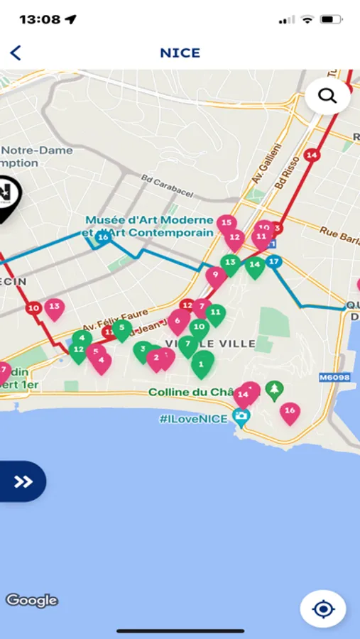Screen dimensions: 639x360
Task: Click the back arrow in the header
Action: pos(16,53)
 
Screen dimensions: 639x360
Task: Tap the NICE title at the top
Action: pos(180,53)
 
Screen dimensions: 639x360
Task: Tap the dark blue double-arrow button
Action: pos(23,482)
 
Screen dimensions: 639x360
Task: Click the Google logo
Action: pos(32,600)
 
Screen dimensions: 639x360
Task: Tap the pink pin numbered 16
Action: pos(289,412)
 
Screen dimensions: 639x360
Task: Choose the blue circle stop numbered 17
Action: pos(274,262)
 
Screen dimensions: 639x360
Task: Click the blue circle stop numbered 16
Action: pos(104,237)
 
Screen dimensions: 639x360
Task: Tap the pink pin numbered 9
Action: pos(216,275)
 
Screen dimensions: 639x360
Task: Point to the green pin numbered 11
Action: pos(215,313)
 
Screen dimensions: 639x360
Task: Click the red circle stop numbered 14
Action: pos(311,155)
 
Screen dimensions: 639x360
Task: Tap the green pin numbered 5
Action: pos(122,329)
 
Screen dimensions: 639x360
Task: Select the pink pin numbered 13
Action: pos(54,308)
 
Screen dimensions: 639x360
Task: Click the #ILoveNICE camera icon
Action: pos(241,418)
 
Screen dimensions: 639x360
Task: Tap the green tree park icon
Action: pos(274,389)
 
